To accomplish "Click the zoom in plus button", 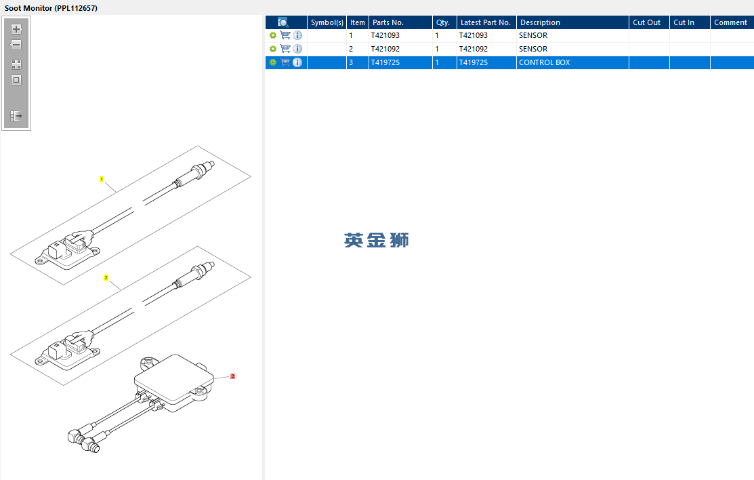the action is point(16,29).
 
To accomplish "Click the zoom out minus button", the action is point(16,45).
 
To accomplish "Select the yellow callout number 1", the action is point(102,180).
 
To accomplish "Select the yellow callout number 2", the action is point(106,278).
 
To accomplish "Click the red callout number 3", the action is point(233,376).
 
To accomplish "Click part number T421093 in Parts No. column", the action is point(385,36).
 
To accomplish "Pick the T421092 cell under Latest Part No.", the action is point(473,49).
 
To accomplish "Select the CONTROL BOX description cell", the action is point(545,62).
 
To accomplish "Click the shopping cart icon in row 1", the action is point(285,35).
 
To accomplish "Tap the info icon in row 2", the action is point(297,49).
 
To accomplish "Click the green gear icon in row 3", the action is point(272,62).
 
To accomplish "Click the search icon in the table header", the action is point(283,22).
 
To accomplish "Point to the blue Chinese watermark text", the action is point(377,240).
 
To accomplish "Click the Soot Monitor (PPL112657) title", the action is point(51,8).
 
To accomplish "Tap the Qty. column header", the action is point(443,22).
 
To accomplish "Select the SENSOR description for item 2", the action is point(533,49).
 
